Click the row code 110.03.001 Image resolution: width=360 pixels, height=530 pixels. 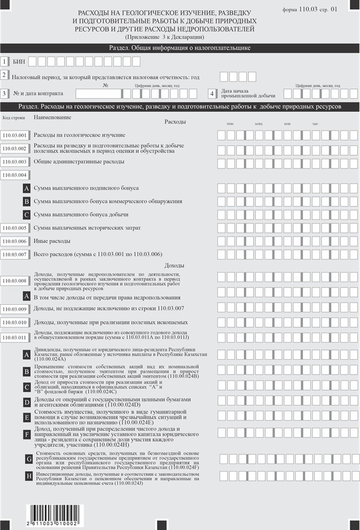pyautogui.click(x=14, y=135)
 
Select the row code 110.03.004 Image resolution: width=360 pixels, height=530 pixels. pyautogui.click(x=14, y=175)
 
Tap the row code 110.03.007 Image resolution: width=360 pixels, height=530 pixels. pyautogui.click(x=14, y=255)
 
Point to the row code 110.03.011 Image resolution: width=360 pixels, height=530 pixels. pyautogui.click(x=14, y=337)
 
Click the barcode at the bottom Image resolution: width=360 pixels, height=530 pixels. pyautogui.click(x=53, y=514)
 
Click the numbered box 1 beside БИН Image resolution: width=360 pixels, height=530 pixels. pyautogui.click(x=5, y=60)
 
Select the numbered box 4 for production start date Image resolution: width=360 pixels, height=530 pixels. pyautogui.click(x=212, y=93)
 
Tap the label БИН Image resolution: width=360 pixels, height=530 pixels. pyautogui.click(x=19, y=60)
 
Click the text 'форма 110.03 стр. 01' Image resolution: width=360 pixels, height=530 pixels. pyautogui.click(x=308, y=10)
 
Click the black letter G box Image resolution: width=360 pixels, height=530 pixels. pyautogui.click(x=29, y=459)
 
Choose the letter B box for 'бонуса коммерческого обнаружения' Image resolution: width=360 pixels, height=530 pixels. pyautogui.click(x=27, y=201)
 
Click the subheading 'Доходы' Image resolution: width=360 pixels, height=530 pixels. pyautogui.click(x=175, y=265)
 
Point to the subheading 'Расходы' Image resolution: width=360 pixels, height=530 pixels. pyautogui.click(x=175, y=122)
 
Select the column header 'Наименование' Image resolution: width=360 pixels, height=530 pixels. pyautogui.click(x=52, y=117)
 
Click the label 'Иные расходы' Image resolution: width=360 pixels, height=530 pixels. pyautogui.click(x=51, y=241)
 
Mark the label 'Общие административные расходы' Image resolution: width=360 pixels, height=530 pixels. pyautogui.click(x=79, y=162)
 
